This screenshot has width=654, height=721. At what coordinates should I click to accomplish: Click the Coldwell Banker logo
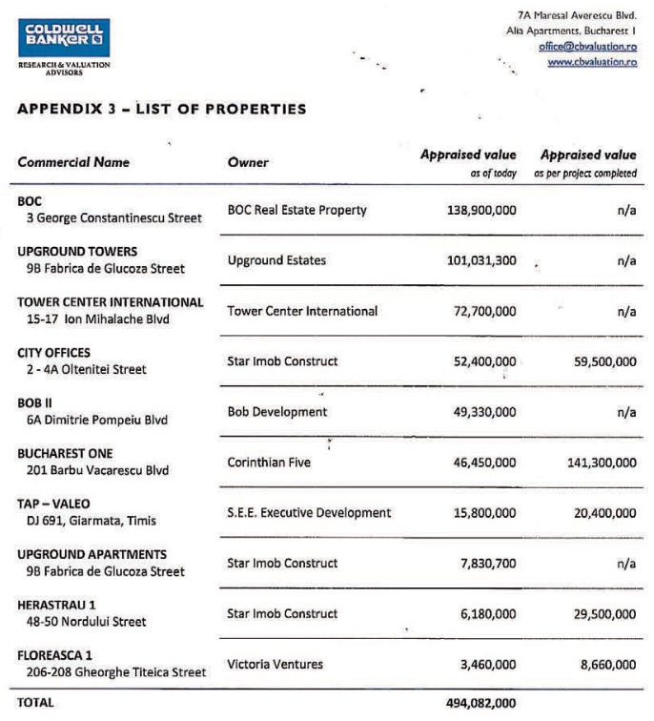point(63,37)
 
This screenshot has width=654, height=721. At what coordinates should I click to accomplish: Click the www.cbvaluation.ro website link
point(592,62)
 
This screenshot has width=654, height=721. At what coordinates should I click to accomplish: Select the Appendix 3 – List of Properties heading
point(162,109)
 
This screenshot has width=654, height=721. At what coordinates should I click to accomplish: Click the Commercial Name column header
point(73,162)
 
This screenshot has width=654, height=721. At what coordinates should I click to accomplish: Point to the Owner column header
point(248,162)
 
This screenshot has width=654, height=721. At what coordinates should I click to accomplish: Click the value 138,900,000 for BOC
point(481,210)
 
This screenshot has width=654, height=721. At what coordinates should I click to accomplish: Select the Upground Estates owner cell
point(276,260)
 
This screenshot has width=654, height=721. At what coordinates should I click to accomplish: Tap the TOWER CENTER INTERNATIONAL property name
point(111,302)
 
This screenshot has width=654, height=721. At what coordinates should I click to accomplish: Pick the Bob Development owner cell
point(277,412)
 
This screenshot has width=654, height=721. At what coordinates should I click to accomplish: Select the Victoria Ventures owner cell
point(276,664)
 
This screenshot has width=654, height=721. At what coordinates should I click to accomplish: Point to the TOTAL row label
point(36,702)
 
